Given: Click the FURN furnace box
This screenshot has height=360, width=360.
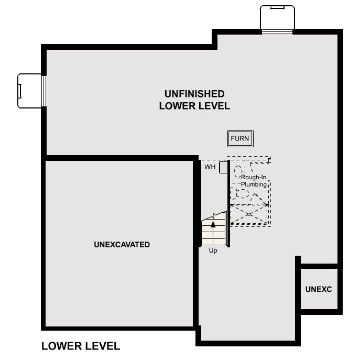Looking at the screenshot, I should click(x=241, y=139).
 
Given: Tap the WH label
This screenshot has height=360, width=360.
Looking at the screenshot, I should click(x=210, y=167).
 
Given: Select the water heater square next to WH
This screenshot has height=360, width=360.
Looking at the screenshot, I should click(x=223, y=167).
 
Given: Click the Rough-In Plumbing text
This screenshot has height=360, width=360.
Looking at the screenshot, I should click(x=254, y=181).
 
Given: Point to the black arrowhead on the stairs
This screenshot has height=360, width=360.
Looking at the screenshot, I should click(x=213, y=224).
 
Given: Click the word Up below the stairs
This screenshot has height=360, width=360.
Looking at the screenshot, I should click(x=213, y=250).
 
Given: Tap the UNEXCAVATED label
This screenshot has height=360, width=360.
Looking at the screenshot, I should click(x=122, y=245).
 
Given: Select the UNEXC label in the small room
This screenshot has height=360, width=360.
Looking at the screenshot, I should click(x=319, y=289).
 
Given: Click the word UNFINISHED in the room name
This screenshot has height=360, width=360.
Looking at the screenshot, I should click(x=194, y=94).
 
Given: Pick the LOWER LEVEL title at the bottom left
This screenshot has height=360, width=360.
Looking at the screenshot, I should click(x=81, y=346).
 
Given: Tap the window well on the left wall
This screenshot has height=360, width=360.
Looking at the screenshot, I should click(x=30, y=91).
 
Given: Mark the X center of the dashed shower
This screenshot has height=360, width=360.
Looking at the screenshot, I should click(x=249, y=214).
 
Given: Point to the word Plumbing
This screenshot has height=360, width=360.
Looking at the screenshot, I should click(x=254, y=184).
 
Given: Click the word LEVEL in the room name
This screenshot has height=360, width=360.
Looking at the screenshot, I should click(x=212, y=106).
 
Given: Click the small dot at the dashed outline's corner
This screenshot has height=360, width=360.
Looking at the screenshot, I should click(x=269, y=157).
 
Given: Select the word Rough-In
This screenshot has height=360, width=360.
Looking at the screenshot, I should click(x=255, y=178).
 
